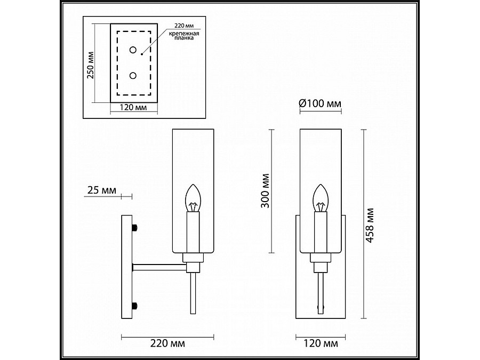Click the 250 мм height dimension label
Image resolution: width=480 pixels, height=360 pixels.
[91, 65]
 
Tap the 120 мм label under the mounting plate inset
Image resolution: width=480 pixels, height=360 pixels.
[133, 107]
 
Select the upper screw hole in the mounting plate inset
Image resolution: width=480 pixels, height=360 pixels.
[133, 50]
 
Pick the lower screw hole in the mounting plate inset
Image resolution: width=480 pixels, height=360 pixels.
[133, 75]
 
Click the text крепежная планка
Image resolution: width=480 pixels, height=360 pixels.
[185, 36]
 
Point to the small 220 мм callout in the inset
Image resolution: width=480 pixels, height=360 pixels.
[184, 26]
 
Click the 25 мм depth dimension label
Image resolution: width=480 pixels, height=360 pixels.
[102, 190]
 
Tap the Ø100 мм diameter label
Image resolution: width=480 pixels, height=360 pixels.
[320, 103]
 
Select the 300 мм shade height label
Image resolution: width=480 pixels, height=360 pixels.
[266, 191]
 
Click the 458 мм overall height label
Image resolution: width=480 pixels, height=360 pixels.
[370, 226]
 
